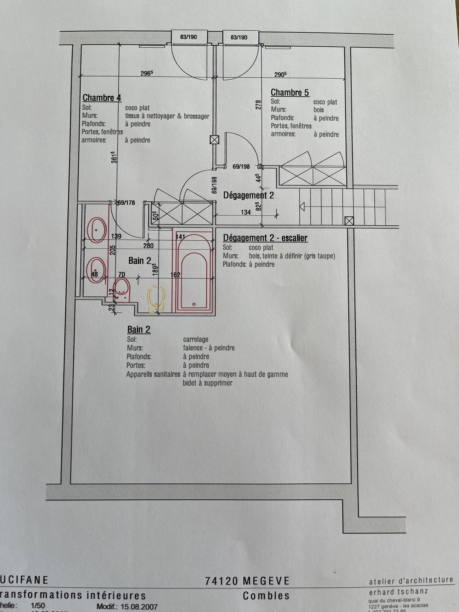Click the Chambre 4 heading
(x=102, y=98)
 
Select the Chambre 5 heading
(x=290, y=93)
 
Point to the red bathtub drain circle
(x=194, y=304)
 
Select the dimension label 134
(x=246, y=213)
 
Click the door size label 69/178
(x=126, y=203)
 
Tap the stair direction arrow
(x=302, y=206)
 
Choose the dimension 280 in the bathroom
(x=148, y=246)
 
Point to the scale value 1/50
(x=37, y=605)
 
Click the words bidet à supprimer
(x=207, y=383)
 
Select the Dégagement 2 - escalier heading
(x=265, y=238)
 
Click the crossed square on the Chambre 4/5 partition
(x=214, y=140)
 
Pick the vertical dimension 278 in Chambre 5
(x=258, y=105)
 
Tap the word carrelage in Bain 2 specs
(x=195, y=339)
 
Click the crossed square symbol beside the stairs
(x=349, y=221)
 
